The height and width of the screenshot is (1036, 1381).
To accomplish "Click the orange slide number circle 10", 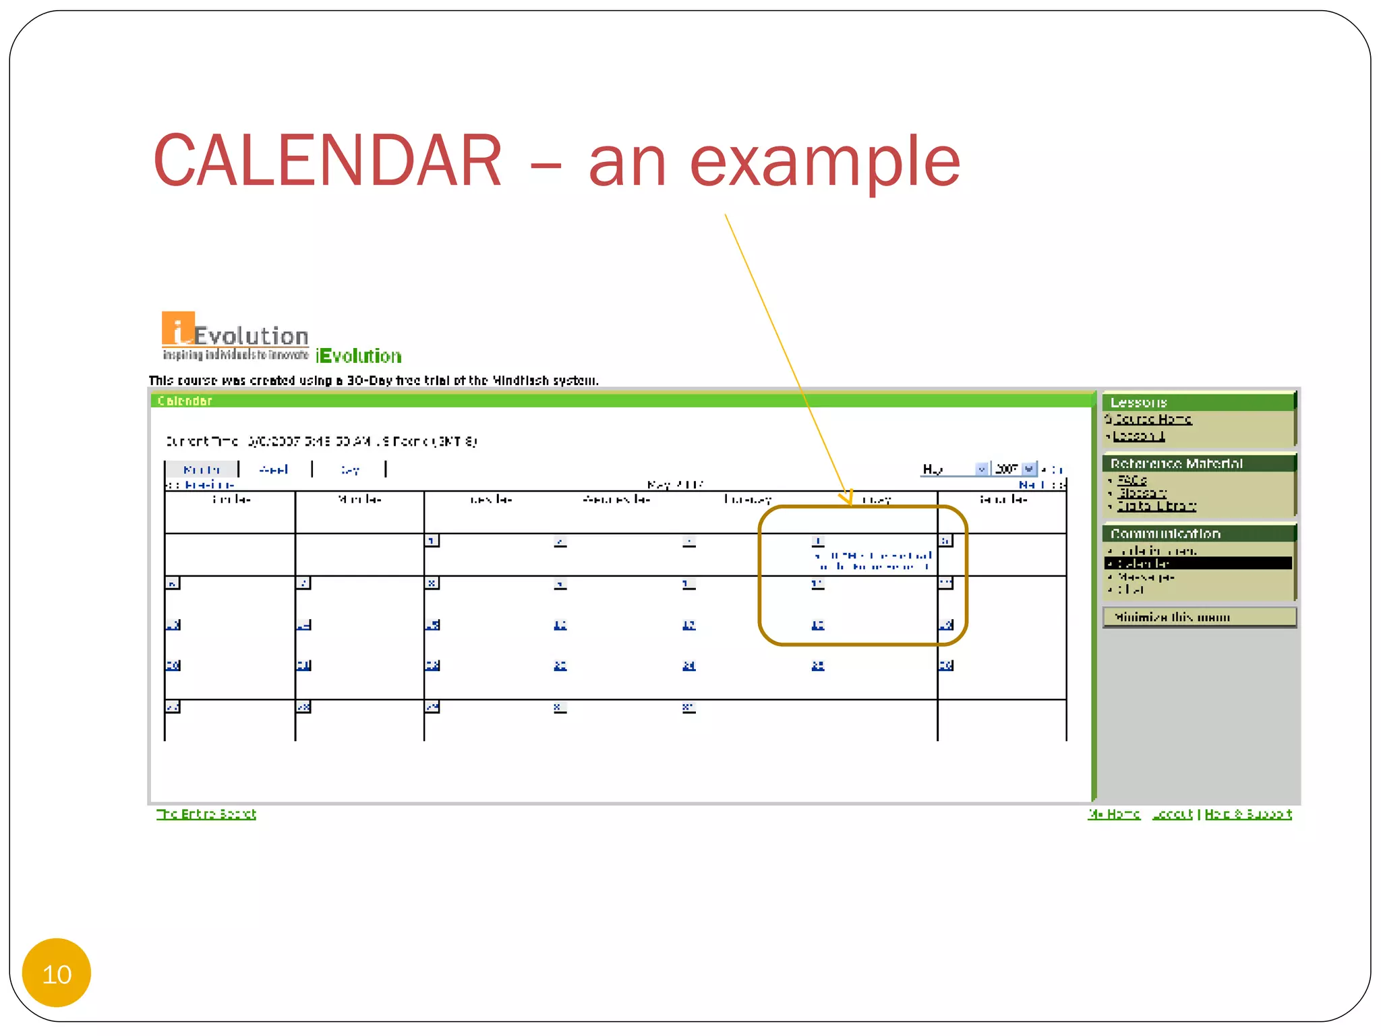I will (57, 973).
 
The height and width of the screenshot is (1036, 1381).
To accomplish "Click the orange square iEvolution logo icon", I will (178, 328).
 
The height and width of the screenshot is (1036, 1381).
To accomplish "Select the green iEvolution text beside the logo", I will (359, 356).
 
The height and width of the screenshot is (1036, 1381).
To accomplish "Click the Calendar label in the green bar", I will (185, 401).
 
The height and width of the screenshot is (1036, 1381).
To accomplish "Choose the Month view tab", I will (202, 469).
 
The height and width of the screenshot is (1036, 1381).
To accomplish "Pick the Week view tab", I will (274, 469).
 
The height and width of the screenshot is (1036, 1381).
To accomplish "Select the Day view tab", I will (350, 469).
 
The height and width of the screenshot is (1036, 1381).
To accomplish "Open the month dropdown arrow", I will (982, 469).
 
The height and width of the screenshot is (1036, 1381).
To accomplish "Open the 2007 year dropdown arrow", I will (1028, 469).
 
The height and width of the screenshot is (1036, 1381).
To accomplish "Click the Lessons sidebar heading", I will (1139, 403).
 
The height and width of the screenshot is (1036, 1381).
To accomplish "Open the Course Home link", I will (1152, 420).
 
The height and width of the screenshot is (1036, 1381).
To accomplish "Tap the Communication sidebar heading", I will (1165, 534).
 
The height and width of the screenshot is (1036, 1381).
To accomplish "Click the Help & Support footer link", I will (1248, 814).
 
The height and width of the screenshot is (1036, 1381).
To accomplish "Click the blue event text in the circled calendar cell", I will (874, 561).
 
